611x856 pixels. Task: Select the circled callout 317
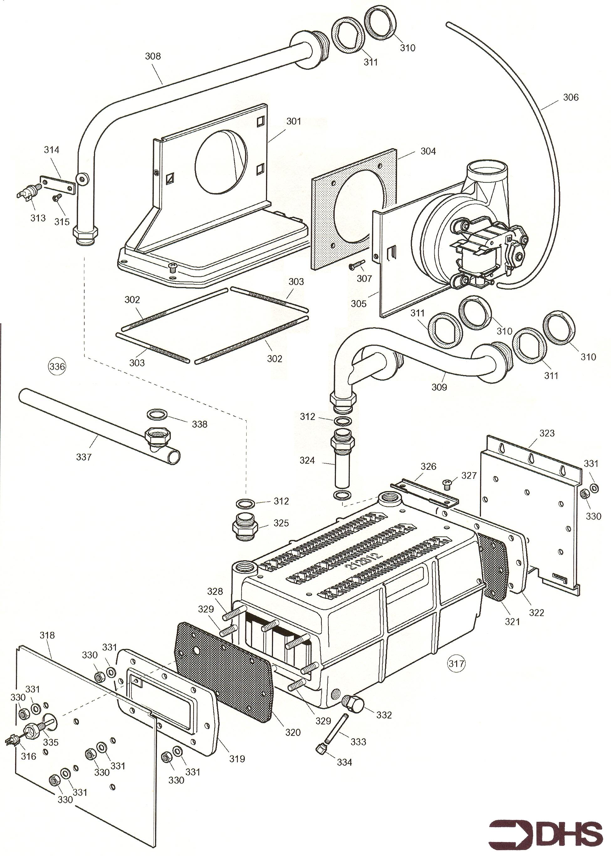click(x=456, y=663)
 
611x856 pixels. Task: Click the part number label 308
click(x=153, y=56)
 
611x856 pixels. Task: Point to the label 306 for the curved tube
click(x=570, y=97)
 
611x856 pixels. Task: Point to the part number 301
click(x=294, y=121)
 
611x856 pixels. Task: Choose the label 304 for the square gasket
click(x=428, y=151)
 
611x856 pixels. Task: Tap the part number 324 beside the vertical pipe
click(x=307, y=460)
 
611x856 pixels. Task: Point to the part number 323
click(x=547, y=433)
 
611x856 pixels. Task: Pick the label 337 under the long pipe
click(x=84, y=457)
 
